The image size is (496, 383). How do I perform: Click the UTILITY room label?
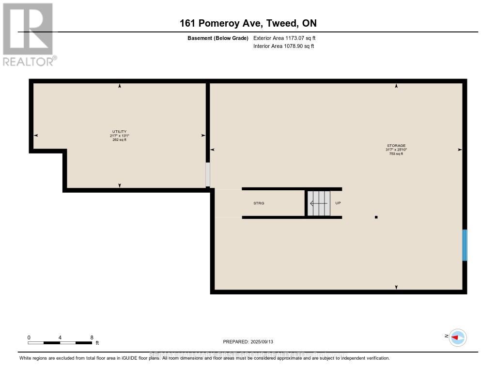coord(120,132)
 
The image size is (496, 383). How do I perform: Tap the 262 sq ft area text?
coord(120,139)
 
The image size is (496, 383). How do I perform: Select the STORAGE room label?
coord(396,146)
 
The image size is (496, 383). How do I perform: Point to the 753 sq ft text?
coord(396,153)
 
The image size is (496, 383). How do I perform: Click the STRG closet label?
coord(259,203)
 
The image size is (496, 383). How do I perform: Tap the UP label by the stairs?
coord(338,203)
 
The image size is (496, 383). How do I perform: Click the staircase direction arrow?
coord(319,203)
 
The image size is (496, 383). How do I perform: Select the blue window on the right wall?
coord(465,245)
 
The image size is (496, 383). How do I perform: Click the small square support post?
coord(376,217)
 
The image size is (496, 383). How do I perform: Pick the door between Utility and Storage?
coord(208,175)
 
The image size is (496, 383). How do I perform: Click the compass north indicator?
coord(457,337)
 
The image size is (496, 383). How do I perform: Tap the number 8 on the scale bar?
coord(92,337)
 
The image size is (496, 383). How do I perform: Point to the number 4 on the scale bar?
coord(60,337)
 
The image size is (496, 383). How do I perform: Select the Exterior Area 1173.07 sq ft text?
coord(285,38)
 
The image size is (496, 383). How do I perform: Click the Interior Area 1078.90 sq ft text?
coord(284,46)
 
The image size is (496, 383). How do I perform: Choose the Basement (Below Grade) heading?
coord(218,38)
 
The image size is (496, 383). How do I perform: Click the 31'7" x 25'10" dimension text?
coord(396,150)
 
